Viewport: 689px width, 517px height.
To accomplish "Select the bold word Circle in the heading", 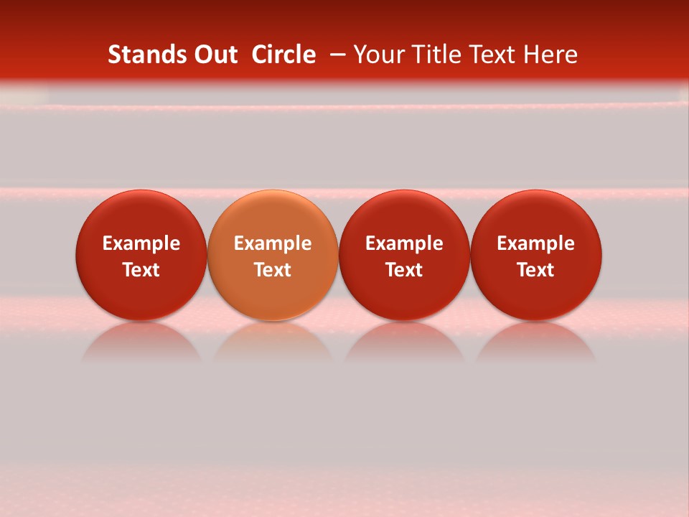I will point(283,55).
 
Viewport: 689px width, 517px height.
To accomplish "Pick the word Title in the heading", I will point(430,55).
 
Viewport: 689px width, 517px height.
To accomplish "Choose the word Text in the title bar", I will point(488,55).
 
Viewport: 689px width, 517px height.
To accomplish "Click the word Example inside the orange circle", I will point(273,243).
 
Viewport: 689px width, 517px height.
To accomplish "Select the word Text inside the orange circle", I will point(273,270).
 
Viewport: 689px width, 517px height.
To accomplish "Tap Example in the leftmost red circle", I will point(141,243).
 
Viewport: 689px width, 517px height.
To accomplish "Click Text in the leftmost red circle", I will point(141,270).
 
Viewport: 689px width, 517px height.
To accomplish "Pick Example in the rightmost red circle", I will point(536,243).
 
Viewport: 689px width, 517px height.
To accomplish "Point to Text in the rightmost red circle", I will point(536,270).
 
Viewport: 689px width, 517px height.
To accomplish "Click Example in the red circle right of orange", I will point(404,243).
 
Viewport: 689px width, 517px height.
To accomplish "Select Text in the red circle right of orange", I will point(404,270).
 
